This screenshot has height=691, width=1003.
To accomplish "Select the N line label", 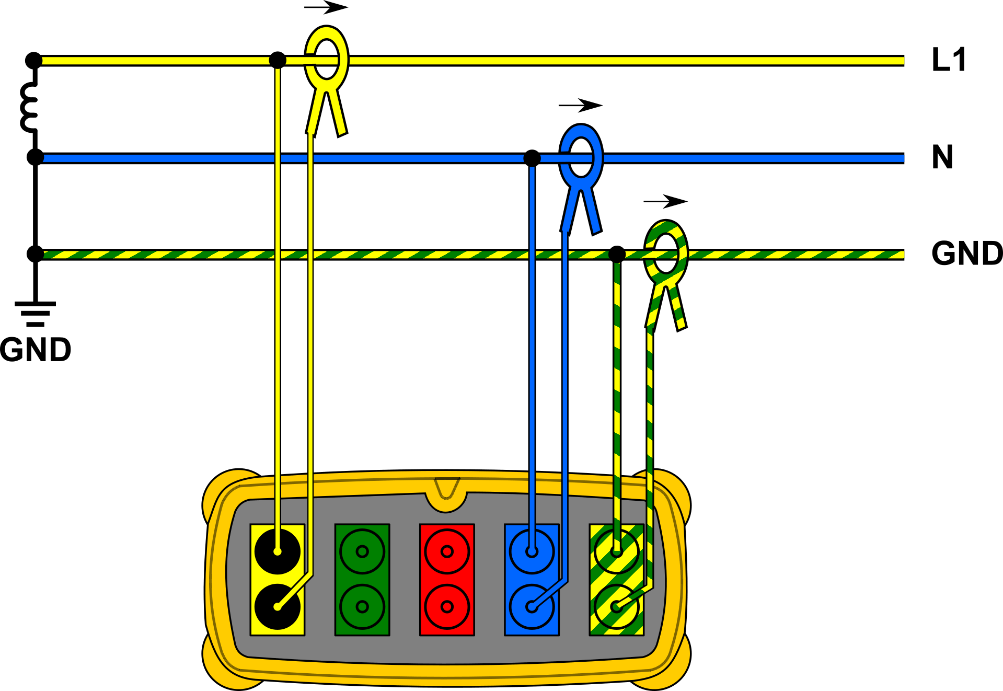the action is (x=942, y=157).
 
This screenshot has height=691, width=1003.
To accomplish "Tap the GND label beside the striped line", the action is (x=967, y=254).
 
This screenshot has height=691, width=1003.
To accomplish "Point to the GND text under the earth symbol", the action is (x=36, y=350).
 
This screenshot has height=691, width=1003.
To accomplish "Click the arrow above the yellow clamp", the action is (x=326, y=7).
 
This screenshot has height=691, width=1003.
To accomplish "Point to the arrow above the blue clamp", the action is (x=581, y=106).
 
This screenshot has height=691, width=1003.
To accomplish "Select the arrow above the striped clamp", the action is (x=665, y=201).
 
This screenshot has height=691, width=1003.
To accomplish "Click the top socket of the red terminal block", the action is (x=447, y=551).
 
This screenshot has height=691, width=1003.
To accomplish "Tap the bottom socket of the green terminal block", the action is (x=362, y=607).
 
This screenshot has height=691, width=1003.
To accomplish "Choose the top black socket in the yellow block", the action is (x=278, y=551).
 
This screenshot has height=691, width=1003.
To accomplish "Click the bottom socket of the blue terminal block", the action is (x=532, y=607).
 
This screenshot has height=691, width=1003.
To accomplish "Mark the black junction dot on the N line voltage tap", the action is (x=532, y=158).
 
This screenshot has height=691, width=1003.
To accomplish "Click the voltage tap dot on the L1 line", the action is (x=278, y=60).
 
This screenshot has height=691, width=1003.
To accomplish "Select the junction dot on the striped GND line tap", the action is (x=617, y=254).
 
